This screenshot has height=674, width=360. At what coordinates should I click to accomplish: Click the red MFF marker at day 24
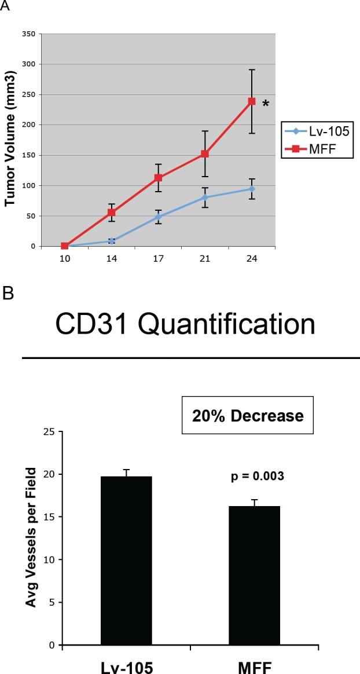[252, 101]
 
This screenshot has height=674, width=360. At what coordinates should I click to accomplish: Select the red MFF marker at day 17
[158, 178]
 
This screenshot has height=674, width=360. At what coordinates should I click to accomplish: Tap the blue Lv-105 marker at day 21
[205, 197]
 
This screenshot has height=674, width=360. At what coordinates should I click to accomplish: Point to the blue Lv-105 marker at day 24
[252, 189]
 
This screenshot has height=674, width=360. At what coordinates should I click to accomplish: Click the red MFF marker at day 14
[111, 213]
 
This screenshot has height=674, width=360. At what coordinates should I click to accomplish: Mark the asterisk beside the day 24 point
[266, 104]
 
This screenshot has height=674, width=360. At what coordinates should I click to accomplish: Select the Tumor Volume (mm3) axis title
[10, 140]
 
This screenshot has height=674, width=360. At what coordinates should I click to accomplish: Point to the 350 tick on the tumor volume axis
[28, 34]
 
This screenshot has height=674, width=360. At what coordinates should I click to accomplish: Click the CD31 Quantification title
[185, 325]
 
